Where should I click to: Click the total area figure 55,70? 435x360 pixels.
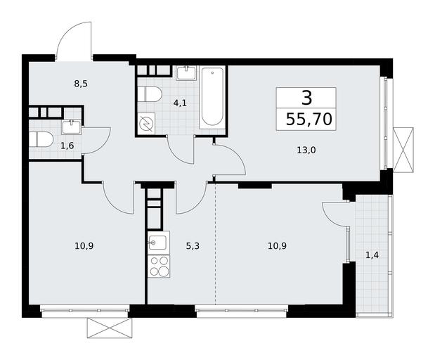(309, 120)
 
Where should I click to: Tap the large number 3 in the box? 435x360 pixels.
(306, 98)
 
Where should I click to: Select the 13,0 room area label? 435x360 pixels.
(306, 150)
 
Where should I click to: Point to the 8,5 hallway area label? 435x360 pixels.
(81, 84)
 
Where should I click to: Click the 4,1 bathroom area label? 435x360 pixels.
(180, 103)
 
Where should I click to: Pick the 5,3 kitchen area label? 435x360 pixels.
(193, 245)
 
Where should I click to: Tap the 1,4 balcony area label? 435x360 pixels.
(372, 255)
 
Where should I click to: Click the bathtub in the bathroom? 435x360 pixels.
(212, 98)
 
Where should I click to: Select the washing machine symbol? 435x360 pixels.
(147, 124)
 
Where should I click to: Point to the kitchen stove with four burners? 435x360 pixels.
(159, 267)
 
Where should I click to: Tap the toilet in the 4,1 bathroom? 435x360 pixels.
(150, 94)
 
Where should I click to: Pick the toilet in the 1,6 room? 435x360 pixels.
(41, 139)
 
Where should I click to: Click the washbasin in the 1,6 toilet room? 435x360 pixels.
(72, 127)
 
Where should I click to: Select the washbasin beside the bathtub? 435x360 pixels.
(186, 73)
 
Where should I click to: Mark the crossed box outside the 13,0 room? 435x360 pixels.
(403, 150)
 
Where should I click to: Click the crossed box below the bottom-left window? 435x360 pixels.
(109, 328)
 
